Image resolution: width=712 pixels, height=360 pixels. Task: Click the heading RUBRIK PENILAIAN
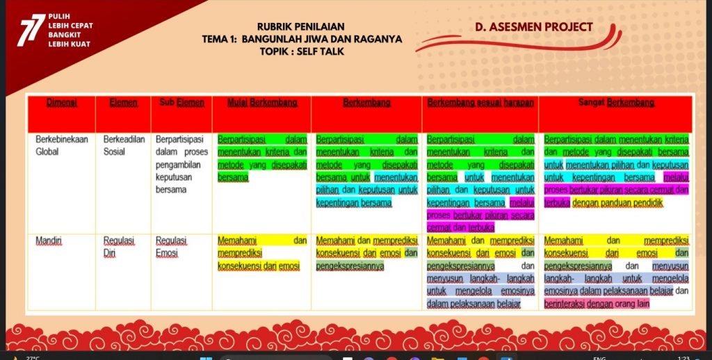pyautogui.click(x=300, y=27)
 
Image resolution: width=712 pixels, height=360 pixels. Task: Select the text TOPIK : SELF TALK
pyautogui.click(x=302, y=51)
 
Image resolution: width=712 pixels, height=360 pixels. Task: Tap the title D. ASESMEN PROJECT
pyautogui.click(x=534, y=27)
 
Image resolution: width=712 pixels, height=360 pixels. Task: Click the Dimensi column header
pyautogui.click(x=62, y=103)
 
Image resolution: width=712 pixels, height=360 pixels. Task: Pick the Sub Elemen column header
pyautogui.click(x=181, y=103)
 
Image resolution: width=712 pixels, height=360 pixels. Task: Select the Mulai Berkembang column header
pyautogui.click(x=262, y=103)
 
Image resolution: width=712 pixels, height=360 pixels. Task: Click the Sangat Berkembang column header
pyautogui.click(x=616, y=103)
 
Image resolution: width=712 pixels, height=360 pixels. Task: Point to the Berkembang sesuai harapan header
pyautogui.click(x=480, y=103)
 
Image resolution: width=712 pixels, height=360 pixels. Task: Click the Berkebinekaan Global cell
pyautogui.click(x=62, y=145)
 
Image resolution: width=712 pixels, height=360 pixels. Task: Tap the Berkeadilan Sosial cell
pyautogui.click(x=124, y=145)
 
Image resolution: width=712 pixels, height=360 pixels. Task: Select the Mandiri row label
pyautogui.click(x=49, y=240)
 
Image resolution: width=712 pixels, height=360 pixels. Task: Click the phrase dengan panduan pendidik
pyautogui.click(x=617, y=202)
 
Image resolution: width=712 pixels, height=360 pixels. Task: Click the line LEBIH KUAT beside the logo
pyautogui.click(x=69, y=44)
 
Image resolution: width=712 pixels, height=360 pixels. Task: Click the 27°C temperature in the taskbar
pyautogui.click(x=32, y=358)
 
